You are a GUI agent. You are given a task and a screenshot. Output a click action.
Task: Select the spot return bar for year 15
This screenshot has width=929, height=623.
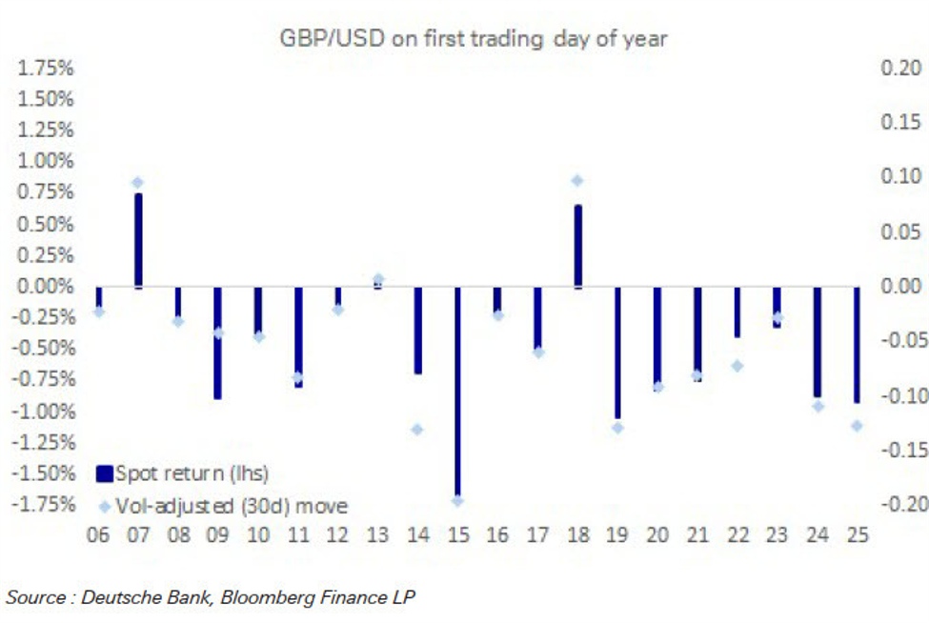pyautogui.click(x=457, y=391)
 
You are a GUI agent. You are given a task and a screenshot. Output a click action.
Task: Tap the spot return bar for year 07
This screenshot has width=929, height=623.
pyautogui.click(x=138, y=240)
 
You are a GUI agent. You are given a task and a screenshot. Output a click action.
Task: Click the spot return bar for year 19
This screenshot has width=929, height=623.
pyautogui.click(x=617, y=352)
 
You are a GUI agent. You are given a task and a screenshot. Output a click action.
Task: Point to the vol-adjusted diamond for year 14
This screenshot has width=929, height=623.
pyautogui.click(x=417, y=430)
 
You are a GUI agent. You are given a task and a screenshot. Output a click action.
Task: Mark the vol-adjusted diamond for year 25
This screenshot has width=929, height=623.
pyautogui.click(x=857, y=426)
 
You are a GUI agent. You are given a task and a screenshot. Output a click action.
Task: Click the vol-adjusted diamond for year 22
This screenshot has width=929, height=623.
pyautogui.click(x=737, y=366)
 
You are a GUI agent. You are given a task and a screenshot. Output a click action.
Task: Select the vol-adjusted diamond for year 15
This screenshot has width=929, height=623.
pyautogui.click(x=457, y=500)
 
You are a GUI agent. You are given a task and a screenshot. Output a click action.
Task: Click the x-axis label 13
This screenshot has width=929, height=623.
pyautogui.click(x=377, y=535)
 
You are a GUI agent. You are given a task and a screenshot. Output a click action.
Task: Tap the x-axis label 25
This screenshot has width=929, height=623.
pyautogui.click(x=857, y=535)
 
